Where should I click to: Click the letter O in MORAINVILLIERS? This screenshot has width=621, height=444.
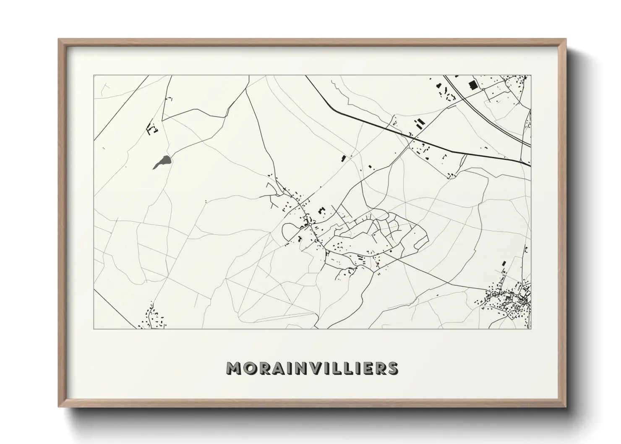click(x=250, y=368)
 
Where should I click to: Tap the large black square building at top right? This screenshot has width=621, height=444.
click(x=473, y=85)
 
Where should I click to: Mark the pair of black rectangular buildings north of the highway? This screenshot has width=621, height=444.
click(x=419, y=123)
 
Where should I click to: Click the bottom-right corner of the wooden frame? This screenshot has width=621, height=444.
click(x=565, y=407)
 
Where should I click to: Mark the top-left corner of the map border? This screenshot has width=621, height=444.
click(x=94, y=76)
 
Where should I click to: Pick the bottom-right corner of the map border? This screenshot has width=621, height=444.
click(x=531, y=329)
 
